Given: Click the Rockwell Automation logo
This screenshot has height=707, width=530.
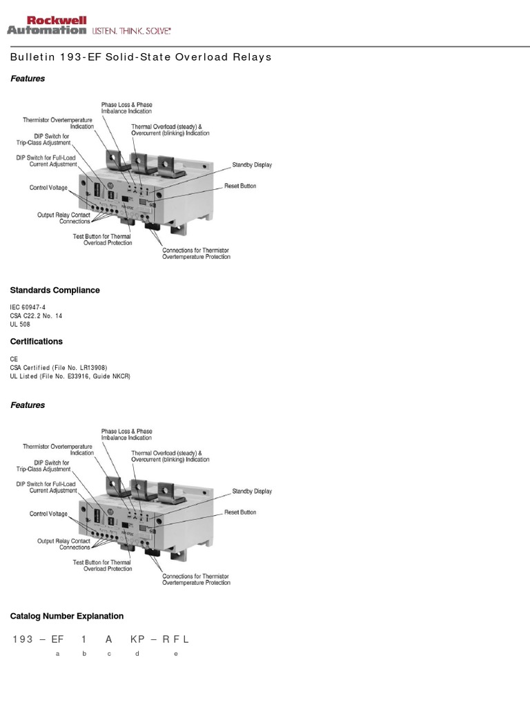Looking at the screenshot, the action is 47,26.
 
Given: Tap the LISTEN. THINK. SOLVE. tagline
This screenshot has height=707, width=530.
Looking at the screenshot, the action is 131,30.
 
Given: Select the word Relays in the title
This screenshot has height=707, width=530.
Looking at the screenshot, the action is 252,57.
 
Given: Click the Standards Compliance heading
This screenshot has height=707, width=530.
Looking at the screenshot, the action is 55,290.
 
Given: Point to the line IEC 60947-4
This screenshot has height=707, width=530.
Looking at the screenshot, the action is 28,307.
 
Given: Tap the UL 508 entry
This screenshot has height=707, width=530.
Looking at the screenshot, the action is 20,325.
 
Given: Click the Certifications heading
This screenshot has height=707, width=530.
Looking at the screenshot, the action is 36,341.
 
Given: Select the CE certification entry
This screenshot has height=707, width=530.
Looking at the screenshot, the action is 14,359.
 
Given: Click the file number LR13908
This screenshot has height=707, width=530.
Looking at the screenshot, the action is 91,368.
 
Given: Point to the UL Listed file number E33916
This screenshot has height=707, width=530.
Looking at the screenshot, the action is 83,377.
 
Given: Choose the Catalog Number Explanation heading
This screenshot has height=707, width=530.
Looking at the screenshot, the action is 67,616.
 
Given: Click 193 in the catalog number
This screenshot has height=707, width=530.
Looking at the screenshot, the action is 23,639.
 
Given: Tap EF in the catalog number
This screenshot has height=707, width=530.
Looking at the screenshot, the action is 57,639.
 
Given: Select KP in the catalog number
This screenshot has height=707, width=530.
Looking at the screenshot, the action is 137,639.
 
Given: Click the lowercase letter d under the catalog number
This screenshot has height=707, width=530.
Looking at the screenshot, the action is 137,654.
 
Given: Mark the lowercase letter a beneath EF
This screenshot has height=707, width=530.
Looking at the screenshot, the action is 57,654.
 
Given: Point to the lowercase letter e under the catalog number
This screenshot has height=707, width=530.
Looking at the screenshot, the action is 176,654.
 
